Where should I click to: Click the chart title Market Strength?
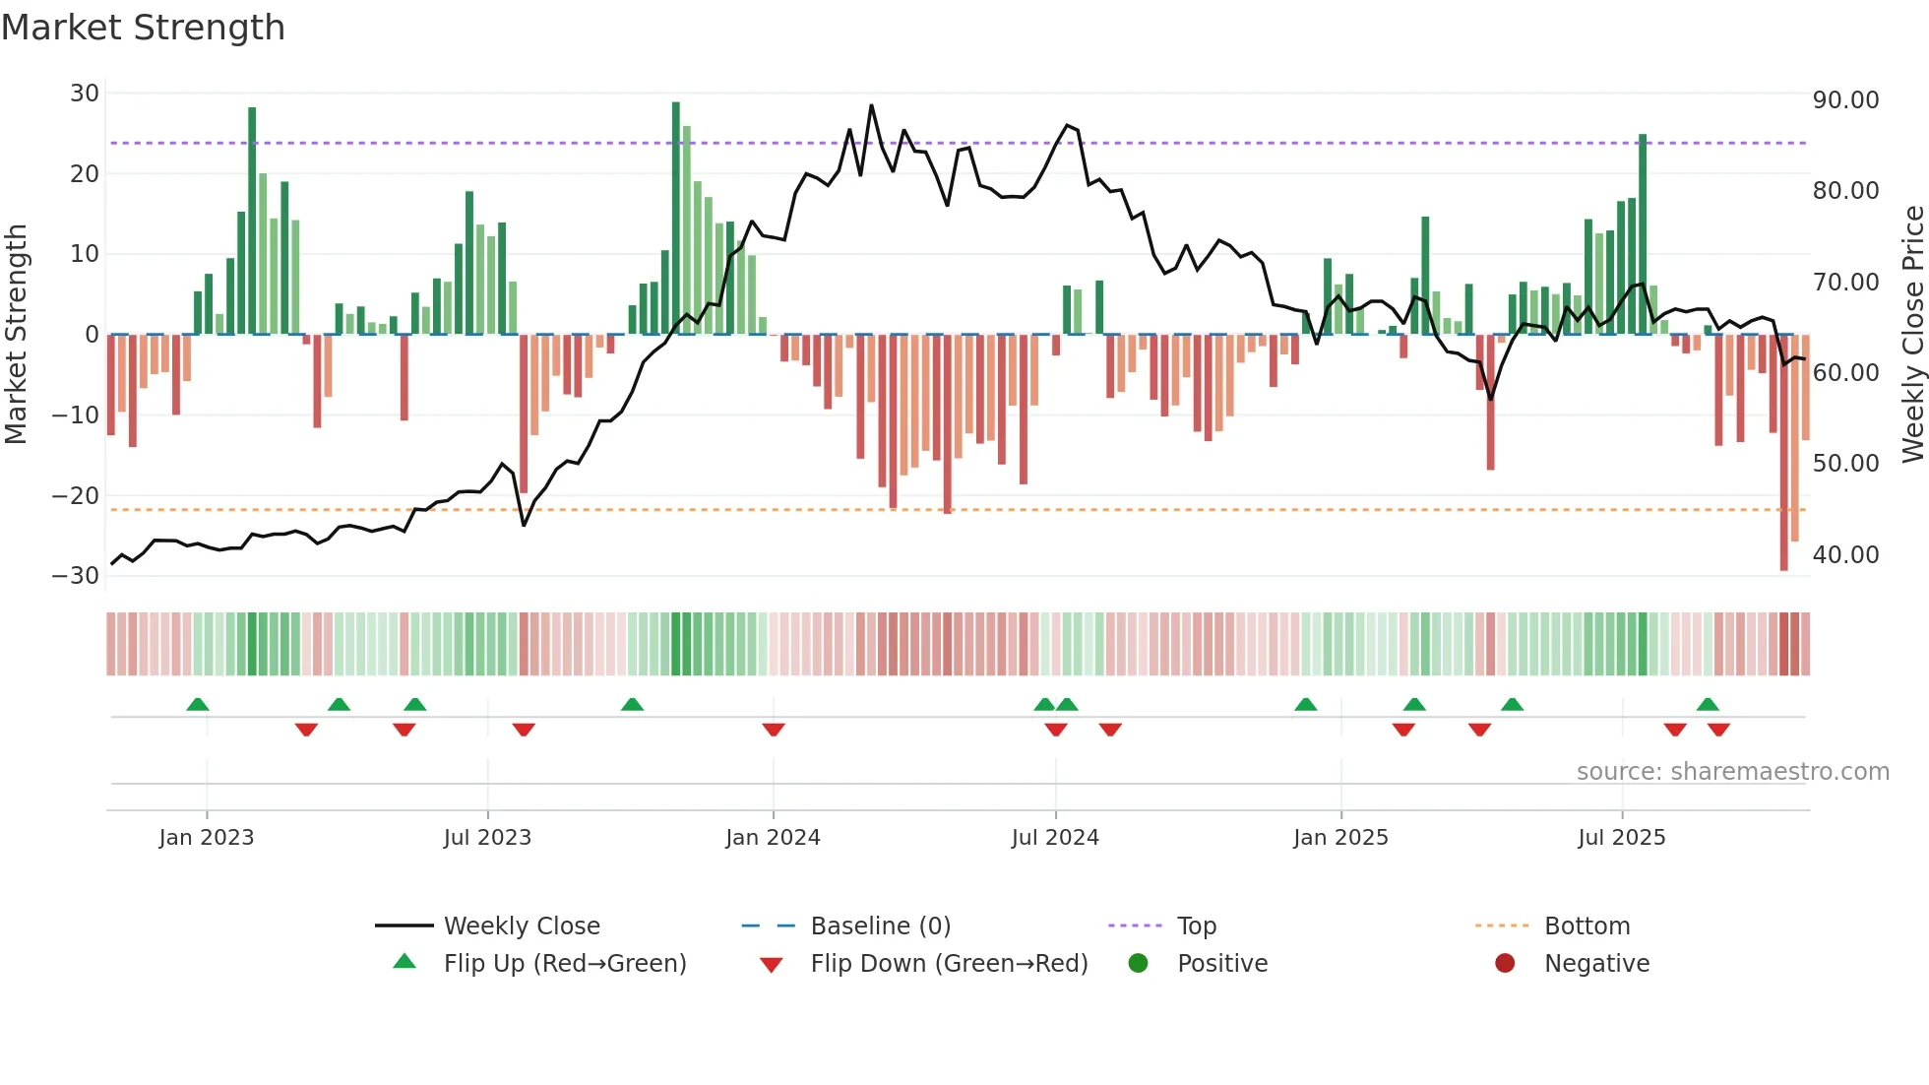[143, 28]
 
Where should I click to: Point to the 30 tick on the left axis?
[85, 94]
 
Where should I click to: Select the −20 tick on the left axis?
[76, 495]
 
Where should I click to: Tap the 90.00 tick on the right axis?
[1845, 100]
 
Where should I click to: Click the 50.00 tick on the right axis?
[1845, 464]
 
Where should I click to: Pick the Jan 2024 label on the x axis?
[773, 838]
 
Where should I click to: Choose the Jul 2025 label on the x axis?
[1621, 838]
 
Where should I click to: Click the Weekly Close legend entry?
[521, 926]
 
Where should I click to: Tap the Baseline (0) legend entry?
[880, 926]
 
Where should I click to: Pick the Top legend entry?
[1196, 926]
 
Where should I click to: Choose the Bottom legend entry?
[1587, 926]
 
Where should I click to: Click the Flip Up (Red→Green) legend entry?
[564, 964]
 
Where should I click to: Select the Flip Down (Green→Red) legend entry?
[949, 964]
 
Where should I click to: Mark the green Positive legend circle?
[1138, 964]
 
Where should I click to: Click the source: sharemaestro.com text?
[1732, 772]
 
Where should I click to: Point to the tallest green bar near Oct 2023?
[676, 217]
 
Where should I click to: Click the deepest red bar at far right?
[1783, 453]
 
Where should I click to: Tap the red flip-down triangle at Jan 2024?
[774, 730]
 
